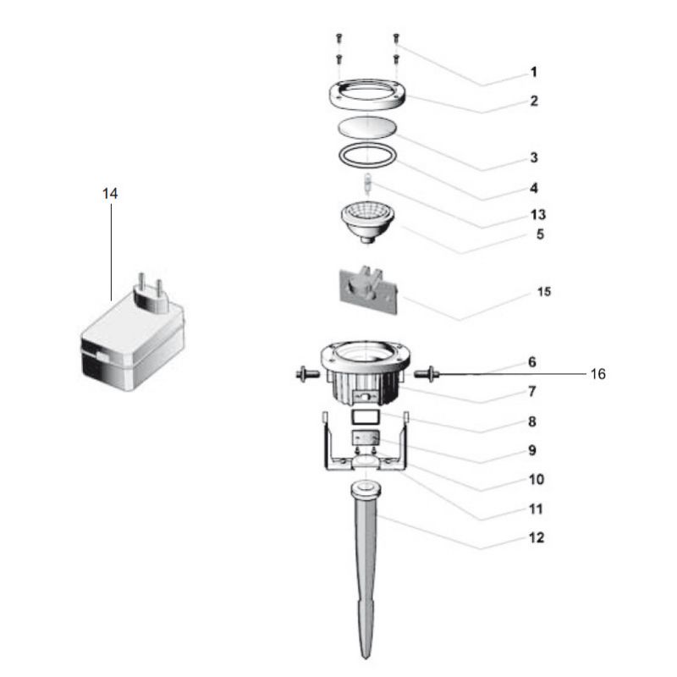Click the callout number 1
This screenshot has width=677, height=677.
tap(533, 72)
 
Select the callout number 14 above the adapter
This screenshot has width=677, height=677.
tap(110, 194)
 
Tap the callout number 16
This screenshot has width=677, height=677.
tap(597, 374)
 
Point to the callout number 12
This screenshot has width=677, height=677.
tap(536, 537)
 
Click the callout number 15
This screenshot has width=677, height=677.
tap(543, 292)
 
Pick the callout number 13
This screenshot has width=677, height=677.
tap(536, 214)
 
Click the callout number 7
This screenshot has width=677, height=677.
tap(532, 391)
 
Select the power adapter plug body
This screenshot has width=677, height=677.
tap(132, 347)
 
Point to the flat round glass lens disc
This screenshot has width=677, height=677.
tap(366, 128)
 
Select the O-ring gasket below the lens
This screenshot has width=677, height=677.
tap(366, 156)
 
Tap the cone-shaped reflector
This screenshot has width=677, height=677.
tap(366, 220)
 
